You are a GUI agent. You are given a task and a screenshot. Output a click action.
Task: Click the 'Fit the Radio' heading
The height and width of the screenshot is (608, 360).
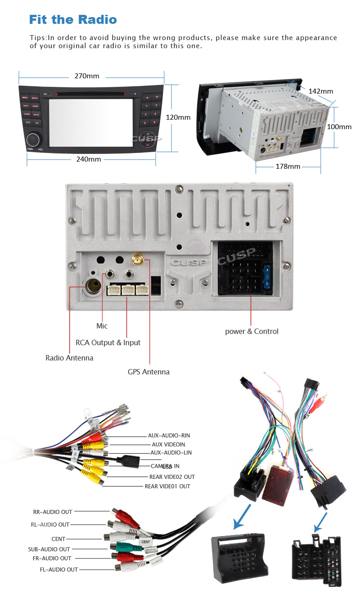[x=73, y=19]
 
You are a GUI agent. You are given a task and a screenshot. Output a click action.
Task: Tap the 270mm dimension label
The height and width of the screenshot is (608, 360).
[x=86, y=76]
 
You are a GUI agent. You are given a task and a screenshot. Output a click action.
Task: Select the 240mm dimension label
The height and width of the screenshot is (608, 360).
[x=88, y=159]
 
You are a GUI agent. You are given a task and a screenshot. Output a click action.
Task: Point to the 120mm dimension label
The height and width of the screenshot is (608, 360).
[x=178, y=117]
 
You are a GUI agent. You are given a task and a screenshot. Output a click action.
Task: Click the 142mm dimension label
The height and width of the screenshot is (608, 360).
[x=320, y=91]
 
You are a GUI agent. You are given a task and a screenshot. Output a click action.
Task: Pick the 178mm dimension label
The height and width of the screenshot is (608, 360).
[x=288, y=167]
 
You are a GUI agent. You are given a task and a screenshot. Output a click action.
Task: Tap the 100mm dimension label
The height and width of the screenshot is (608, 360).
[x=339, y=127]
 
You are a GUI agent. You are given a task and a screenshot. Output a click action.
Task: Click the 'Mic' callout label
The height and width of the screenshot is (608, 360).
[x=102, y=326]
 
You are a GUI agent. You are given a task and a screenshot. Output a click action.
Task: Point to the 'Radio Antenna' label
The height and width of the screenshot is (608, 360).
[x=69, y=358]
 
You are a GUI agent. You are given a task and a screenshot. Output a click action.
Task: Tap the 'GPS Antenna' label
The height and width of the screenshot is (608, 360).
[x=148, y=372]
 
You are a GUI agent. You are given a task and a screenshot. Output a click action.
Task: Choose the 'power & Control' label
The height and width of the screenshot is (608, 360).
[x=252, y=332]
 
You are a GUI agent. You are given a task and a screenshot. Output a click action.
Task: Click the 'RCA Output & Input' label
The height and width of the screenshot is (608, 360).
[x=108, y=342]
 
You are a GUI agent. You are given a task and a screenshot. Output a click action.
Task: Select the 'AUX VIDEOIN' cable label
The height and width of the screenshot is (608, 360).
[x=168, y=444]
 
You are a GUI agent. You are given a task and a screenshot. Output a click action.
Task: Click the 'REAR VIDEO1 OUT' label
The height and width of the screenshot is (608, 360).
[x=167, y=486]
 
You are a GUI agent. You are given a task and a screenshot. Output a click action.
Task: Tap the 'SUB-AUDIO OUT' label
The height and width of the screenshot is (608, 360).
[x=49, y=549]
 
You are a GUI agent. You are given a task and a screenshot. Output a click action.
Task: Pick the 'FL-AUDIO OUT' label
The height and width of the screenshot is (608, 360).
[x=59, y=569]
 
